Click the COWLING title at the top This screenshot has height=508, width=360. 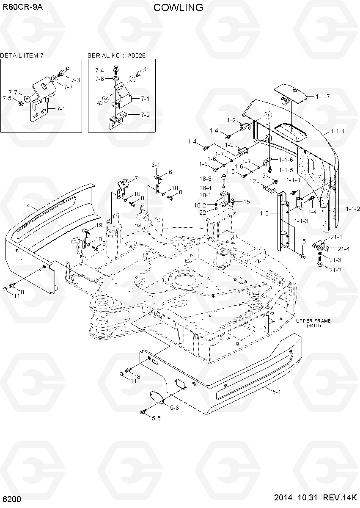(x=178, y=8)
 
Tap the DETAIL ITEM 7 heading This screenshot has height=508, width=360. (x=22, y=55)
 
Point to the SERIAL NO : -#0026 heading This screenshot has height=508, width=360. (x=116, y=55)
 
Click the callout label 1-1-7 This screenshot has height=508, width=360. (x=323, y=97)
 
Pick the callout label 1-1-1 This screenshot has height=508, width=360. (x=338, y=131)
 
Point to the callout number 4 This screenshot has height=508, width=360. (x=28, y=206)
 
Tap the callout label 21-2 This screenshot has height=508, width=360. (x=335, y=270)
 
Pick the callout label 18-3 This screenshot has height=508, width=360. (x=205, y=179)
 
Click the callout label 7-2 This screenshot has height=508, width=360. (x=145, y=115)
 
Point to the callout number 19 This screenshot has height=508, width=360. (x=99, y=225)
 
